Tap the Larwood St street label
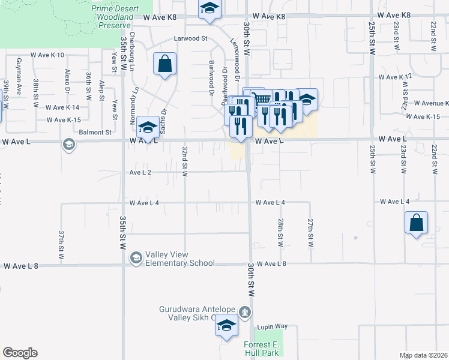coord(190,38)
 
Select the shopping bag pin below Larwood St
coord(165,64)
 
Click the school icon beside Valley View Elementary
coord(136,257)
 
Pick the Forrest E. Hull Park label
coord(261,349)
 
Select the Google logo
coord(20,353)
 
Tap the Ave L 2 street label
coord(140,172)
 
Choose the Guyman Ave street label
coord(19,73)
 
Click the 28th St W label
coord(280,233)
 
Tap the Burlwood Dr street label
coord(211,78)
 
